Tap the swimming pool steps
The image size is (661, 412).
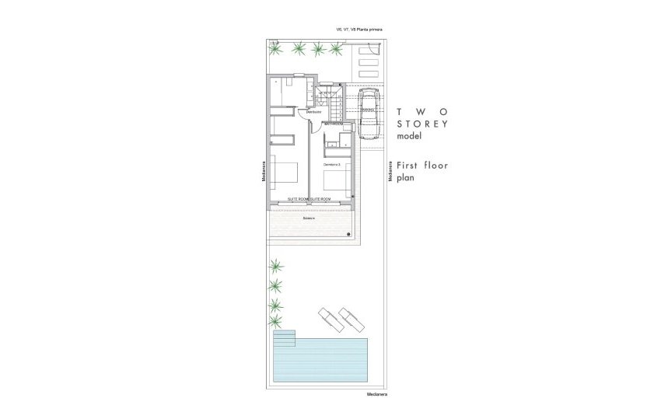click(284, 340)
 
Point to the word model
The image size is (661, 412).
click(408, 136)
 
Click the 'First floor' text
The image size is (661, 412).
click(421, 165)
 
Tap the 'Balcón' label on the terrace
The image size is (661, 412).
click(310, 218)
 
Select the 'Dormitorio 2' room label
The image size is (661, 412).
click(333, 165)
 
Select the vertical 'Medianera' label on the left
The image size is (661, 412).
click(264, 173)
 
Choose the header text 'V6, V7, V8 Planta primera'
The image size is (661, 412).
click(358, 30)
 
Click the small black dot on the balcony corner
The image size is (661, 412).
click(350, 233)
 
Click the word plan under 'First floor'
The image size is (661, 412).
click(405, 177)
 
